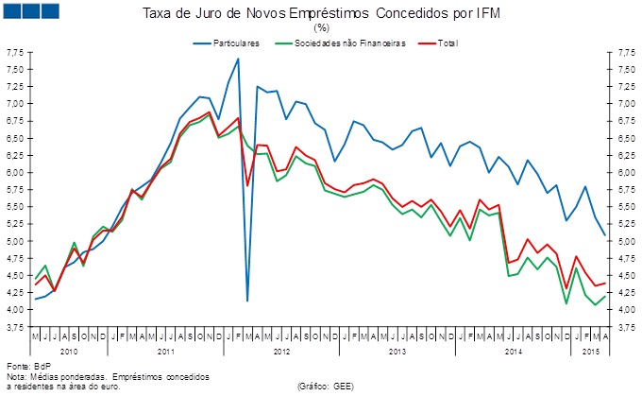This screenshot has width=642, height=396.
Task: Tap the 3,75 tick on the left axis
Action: tap(16, 328)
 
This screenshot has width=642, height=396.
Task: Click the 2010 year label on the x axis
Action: tap(68, 351)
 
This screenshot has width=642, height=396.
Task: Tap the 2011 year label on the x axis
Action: tap(167, 351)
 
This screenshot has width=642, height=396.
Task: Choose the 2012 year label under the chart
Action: tap(282, 351)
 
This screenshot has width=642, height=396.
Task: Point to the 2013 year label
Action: tap(398, 351)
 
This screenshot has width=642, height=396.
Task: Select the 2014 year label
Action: tap(514, 351)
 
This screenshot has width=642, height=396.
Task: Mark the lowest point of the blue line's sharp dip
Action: tap(247, 301)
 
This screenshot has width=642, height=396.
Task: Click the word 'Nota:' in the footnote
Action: tap(17, 375)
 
